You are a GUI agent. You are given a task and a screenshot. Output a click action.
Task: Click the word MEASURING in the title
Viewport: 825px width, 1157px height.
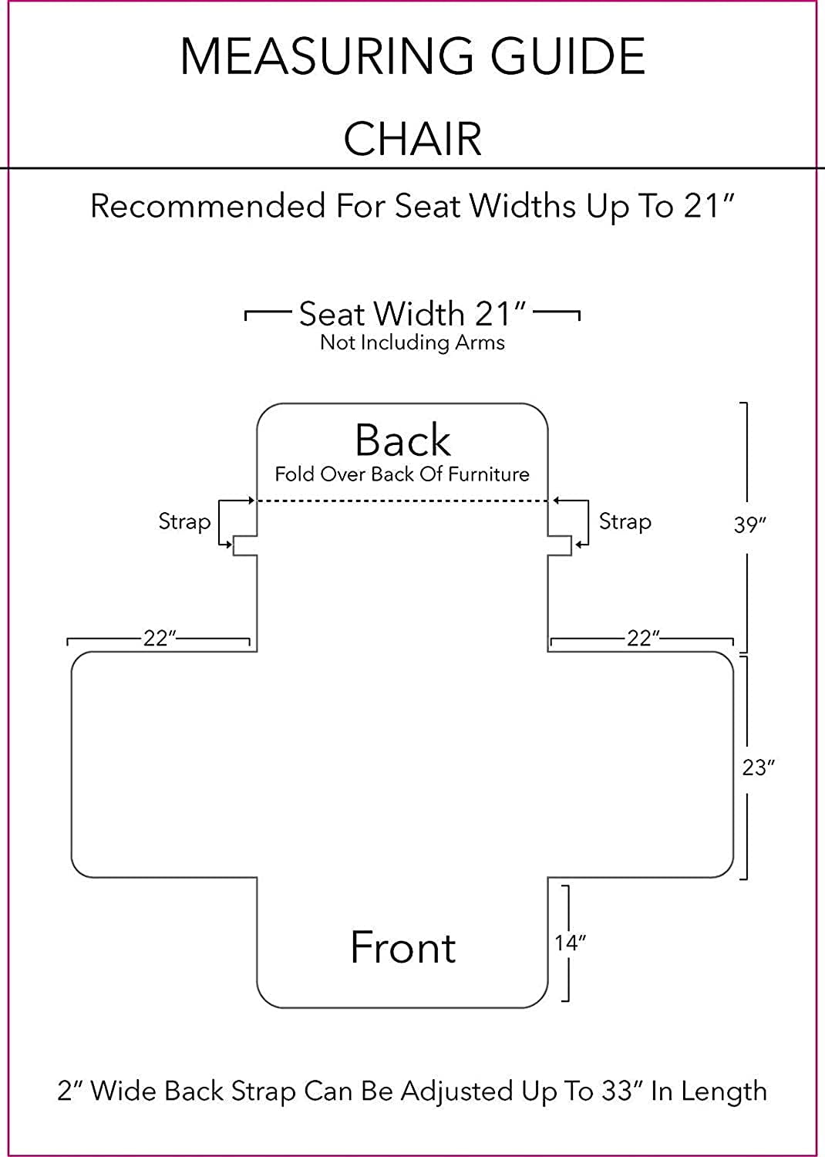326,56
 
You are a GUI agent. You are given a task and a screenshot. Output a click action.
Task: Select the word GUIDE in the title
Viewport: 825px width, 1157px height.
567,56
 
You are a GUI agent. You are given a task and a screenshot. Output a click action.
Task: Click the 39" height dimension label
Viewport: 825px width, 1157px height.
749,525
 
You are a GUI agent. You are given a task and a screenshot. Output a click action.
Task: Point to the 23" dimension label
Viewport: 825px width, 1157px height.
759,767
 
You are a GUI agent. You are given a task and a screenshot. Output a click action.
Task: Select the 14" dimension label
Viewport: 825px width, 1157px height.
570,943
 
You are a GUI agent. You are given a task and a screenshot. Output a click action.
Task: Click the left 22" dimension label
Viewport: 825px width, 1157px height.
160,639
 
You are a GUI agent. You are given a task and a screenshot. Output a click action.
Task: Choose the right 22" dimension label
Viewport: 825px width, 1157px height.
643,639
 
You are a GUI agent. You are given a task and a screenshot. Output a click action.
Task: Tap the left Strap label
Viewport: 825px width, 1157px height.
184,521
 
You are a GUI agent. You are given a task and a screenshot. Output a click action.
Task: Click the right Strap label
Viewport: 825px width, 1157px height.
625,521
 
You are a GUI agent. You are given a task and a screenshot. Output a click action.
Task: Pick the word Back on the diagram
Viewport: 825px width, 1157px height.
402,440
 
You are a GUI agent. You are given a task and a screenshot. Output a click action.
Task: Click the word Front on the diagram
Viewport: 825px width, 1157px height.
402,947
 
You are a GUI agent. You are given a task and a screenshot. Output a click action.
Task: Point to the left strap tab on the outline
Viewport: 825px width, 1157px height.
245,546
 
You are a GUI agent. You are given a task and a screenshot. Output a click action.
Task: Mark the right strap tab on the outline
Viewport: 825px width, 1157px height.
560,546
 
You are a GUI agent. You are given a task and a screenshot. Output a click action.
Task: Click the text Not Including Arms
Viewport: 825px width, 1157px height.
412,342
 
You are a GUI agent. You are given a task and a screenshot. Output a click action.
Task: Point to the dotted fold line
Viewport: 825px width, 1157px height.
402,501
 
